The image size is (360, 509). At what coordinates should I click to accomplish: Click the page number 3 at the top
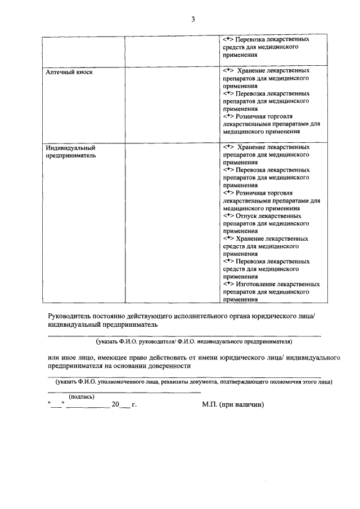click(192, 20)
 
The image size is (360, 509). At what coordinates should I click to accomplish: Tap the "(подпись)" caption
click(82, 397)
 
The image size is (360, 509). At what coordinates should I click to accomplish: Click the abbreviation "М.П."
click(210, 404)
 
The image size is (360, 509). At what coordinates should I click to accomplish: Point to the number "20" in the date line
click(115, 404)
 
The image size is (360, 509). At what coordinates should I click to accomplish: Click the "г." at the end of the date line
click(134, 404)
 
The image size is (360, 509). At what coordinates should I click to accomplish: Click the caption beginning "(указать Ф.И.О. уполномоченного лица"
click(190, 382)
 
